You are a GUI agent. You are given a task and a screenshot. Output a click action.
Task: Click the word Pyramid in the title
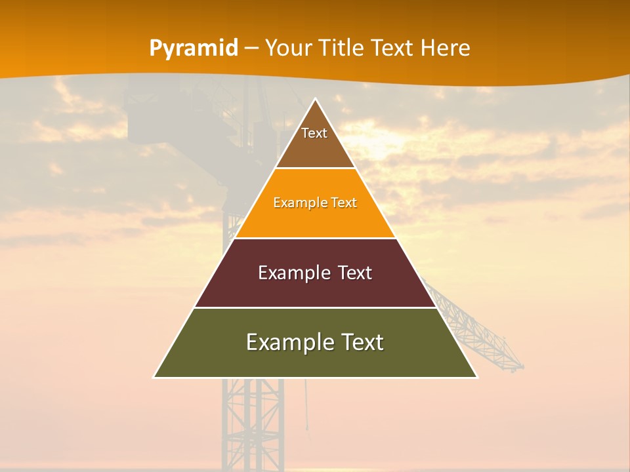[x=194, y=49]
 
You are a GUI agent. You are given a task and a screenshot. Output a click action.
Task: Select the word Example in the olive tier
[x=285, y=342]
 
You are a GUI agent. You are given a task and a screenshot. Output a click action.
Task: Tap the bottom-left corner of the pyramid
[x=154, y=377]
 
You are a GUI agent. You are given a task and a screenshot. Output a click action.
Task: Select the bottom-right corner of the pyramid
[x=477, y=377]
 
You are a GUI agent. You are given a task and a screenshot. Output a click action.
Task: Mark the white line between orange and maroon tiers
[x=315, y=238]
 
